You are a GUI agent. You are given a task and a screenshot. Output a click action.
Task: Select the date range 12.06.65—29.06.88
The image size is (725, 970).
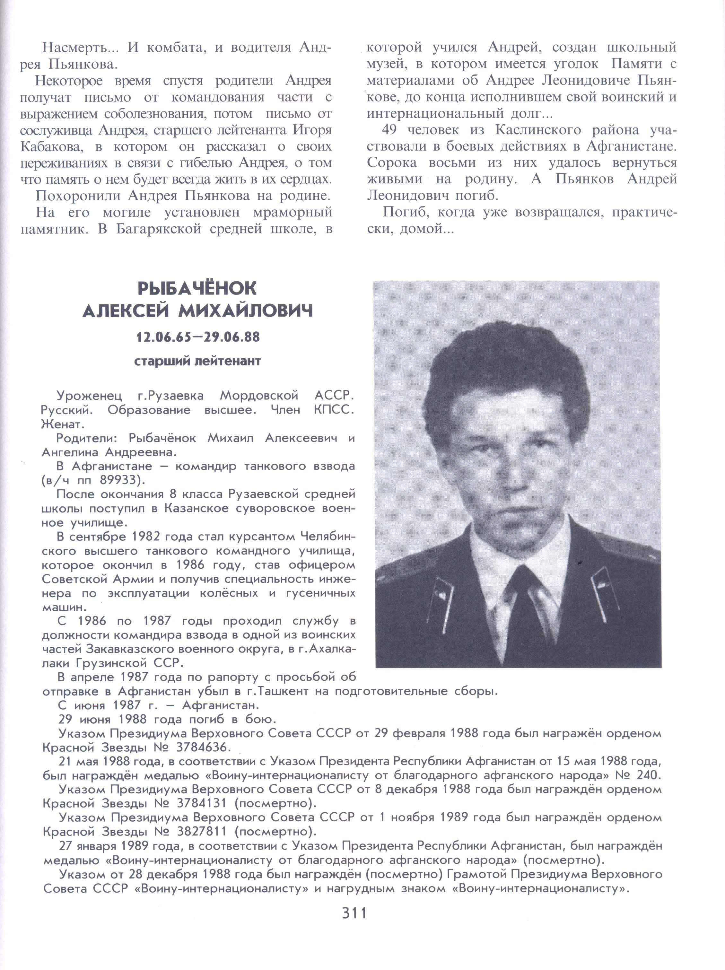[x=198, y=337]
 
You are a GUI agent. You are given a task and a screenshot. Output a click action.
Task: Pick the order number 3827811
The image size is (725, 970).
[x=202, y=831]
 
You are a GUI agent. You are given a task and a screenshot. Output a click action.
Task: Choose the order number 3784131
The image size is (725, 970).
[x=202, y=803]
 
